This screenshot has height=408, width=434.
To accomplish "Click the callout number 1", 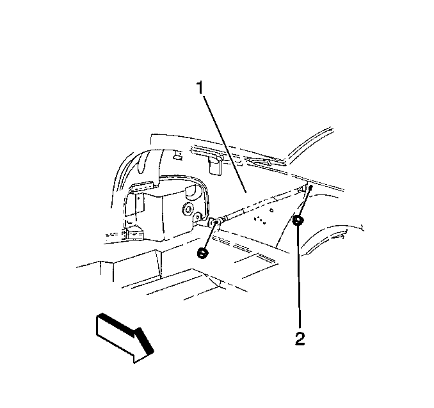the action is [x=200, y=88].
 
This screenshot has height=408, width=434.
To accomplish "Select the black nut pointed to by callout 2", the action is [x=298, y=221].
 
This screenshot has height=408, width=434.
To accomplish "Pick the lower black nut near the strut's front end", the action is [x=203, y=253].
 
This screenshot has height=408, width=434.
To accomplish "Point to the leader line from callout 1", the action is [x=225, y=144].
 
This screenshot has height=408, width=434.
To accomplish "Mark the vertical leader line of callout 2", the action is [x=298, y=278].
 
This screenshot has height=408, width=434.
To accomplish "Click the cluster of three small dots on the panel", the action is [x=260, y=220].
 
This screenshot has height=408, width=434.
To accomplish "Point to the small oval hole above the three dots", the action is [x=272, y=210].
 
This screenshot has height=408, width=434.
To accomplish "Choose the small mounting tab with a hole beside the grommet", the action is [x=198, y=217].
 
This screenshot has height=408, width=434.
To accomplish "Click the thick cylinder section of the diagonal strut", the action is [x=234, y=213].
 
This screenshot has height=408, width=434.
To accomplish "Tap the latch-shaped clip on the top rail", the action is [x=259, y=161].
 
